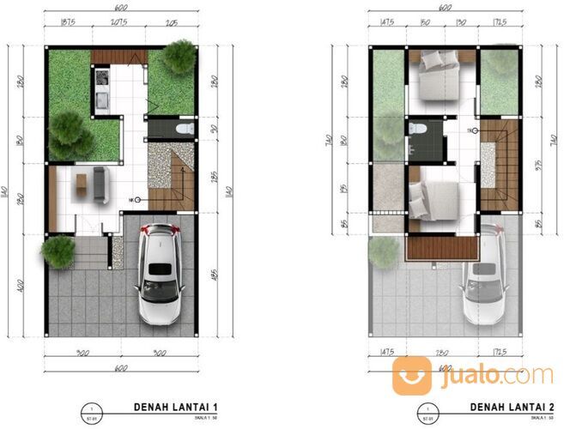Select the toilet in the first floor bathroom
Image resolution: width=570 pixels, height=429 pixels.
click(183, 129)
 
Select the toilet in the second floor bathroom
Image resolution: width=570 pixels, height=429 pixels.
click(418, 129)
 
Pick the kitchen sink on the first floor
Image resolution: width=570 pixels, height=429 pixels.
click(100, 102)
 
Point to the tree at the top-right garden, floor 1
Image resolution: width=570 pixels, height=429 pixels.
click(179, 57)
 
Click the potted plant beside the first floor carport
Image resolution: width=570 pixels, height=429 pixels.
click(58, 251)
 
